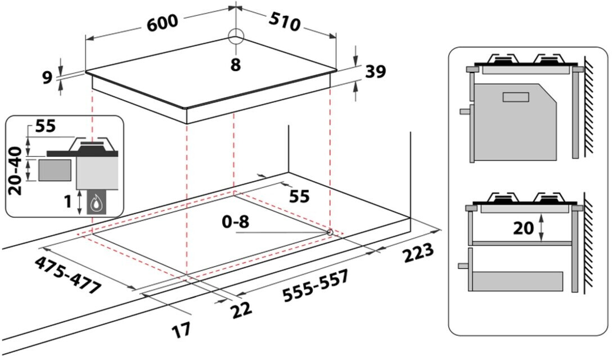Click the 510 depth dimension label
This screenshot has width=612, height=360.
pyautogui.click(x=283, y=21)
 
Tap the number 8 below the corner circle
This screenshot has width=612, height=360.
pyautogui.click(x=235, y=65)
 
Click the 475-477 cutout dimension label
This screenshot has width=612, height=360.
pyautogui.click(x=67, y=276)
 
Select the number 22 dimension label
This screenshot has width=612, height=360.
pyautogui.click(x=238, y=308)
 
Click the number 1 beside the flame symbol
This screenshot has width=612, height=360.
pyautogui.click(x=68, y=201)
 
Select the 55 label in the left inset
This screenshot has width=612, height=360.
pyautogui.click(x=45, y=127)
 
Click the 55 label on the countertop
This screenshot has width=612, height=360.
pyautogui.click(x=299, y=196)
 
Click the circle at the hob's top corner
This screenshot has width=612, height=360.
pyautogui.click(x=236, y=36)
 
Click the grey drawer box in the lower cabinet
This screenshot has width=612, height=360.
pyautogui.click(x=517, y=281)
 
